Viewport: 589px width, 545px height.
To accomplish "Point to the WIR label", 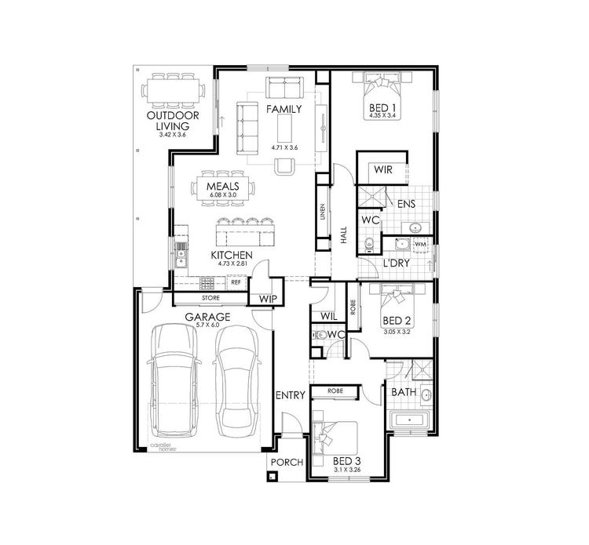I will coord(383,169).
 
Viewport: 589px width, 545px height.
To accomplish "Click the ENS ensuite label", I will coord(406,204).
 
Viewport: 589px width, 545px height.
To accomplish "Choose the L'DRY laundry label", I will coord(395,263).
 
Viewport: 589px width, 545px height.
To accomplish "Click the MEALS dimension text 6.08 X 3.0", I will coord(223,194).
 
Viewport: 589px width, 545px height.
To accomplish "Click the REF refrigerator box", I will coord(236,282).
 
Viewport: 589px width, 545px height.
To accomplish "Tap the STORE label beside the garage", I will coord(210,298).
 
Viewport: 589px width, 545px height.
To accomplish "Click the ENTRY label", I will coord(289,396).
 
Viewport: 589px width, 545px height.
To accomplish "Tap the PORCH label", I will coord(286,462).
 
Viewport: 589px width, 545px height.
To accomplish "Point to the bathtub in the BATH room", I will coord(412,421).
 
